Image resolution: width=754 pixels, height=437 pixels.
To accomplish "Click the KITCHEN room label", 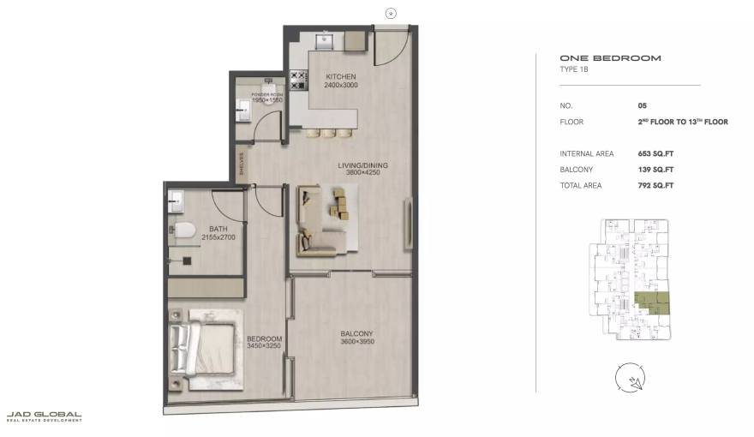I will coord(340,77).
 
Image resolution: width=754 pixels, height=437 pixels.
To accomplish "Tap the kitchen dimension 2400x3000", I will coord(340,86).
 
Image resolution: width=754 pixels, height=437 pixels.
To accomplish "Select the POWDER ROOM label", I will coord(266,94).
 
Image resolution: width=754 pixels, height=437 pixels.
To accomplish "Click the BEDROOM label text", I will coord(264,338).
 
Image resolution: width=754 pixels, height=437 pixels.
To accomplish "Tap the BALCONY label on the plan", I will coord(356,333).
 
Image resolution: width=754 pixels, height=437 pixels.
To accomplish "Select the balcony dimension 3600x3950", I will coord(356,343).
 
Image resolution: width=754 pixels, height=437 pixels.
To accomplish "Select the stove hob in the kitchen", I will coord(298,81).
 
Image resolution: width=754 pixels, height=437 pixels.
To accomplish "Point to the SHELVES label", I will coord(242,162).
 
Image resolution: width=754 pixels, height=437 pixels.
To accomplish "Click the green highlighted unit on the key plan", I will coord(653,302).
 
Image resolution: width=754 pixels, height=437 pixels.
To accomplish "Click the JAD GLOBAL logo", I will coord(45,416).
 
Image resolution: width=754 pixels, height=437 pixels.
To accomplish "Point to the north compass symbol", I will coord(629,376).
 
